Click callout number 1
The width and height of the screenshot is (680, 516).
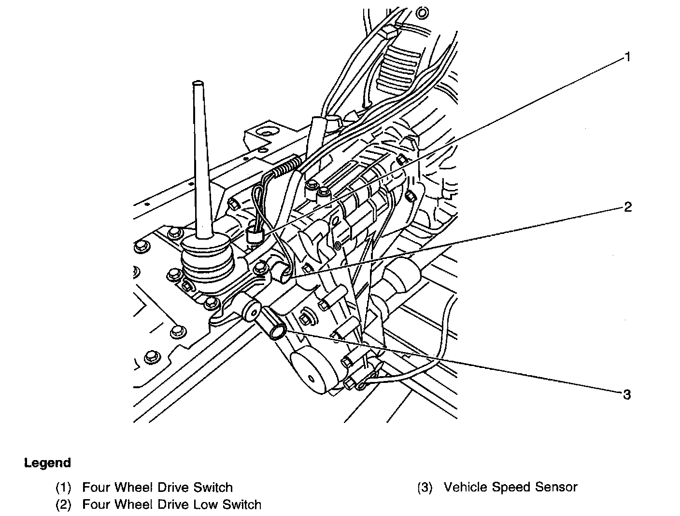[627, 57]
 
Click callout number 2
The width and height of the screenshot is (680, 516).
[627, 207]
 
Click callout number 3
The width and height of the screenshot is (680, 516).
[626, 395]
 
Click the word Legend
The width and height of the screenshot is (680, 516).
[47, 463]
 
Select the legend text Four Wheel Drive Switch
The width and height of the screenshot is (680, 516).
[157, 488]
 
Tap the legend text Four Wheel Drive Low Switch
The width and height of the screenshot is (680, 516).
[171, 505]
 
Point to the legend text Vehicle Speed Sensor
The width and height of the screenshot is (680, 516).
[510, 488]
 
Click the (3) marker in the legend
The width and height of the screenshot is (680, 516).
[425, 488]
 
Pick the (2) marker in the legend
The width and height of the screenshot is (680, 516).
[63, 505]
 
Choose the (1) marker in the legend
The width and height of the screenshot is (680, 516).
[63, 488]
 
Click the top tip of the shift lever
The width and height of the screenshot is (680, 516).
[198, 84]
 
